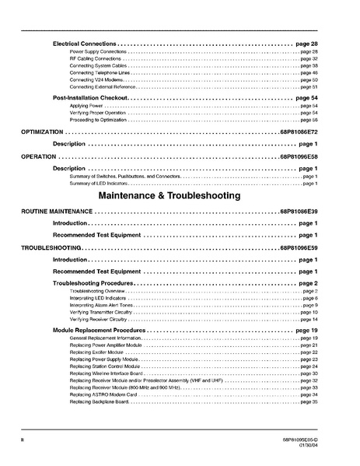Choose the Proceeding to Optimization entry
point(97,121)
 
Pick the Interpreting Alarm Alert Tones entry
point(100,305)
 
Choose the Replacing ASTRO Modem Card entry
point(102,394)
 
